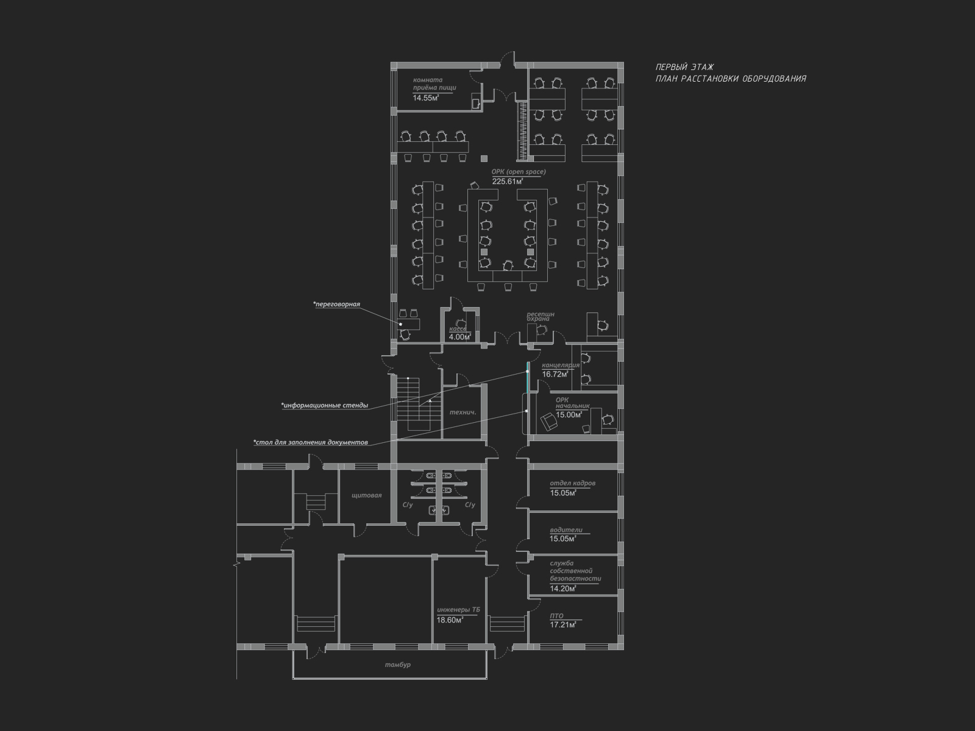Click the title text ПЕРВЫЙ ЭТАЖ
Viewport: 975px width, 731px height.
coord(684,67)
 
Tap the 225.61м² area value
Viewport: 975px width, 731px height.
coord(507,181)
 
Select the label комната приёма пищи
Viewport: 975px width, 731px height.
coord(434,84)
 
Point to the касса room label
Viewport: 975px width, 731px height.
coord(458,329)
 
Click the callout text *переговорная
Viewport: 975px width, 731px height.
coord(336,305)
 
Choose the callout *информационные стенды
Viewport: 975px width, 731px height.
coord(324,405)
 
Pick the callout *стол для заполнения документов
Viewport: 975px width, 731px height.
coord(311,442)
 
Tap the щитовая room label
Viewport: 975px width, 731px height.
coord(366,495)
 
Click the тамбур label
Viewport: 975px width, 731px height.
coord(397,665)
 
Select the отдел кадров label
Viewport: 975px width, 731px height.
coord(573,483)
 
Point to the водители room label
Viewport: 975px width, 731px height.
coord(566,530)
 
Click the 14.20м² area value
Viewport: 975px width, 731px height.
coord(563,588)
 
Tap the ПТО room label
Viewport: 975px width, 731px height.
coord(556,616)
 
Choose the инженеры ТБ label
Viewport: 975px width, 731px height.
coord(458,610)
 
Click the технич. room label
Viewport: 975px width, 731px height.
coord(463,412)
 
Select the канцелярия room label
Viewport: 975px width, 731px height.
coord(561,365)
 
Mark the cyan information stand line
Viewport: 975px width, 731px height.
coord(528,377)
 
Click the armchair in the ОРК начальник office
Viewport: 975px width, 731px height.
coord(549,421)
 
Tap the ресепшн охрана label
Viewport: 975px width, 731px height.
coord(540,316)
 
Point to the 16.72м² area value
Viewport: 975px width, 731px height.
coord(555,374)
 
